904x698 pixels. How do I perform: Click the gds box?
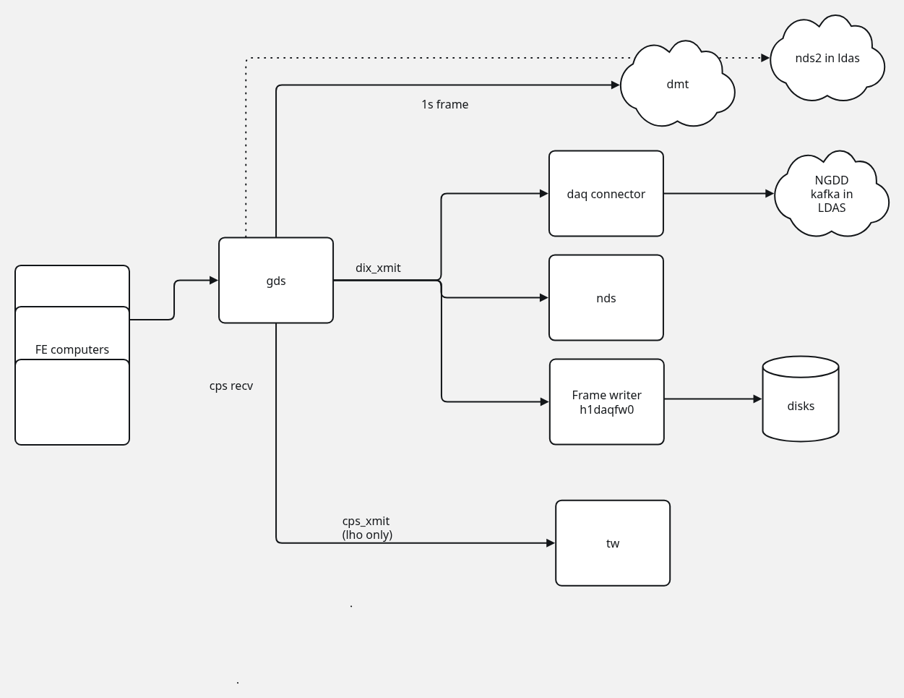tap(276, 281)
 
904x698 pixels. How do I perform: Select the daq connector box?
tap(606, 194)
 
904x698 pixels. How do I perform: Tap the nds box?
tap(606, 298)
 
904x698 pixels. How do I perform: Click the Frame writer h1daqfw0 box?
tap(606, 402)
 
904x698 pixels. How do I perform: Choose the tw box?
tap(612, 543)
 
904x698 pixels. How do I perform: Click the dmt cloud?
tap(677, 85)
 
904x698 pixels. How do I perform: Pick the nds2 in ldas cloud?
tap(827, 59)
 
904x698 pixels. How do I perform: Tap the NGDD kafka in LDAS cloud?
tap(831, 194)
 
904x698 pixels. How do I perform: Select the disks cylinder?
tap(800, 406)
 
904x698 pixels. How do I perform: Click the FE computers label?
tap(72, 349)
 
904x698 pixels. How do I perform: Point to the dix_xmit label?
tap(378, 268)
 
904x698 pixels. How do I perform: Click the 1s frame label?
tap(444, 104)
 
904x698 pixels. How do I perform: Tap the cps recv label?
tap(231, 386)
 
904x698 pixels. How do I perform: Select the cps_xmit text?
tap(366, 521)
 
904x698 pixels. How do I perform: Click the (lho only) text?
tap(367, 535)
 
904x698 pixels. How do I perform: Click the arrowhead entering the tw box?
tap(551, 542)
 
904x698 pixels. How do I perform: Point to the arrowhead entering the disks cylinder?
tap(757, 399)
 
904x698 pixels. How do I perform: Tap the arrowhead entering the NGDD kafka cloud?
tap(770, 194)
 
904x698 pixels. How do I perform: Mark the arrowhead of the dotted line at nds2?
tap(765, 58)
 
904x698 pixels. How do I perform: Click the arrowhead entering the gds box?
tap(214, 280)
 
